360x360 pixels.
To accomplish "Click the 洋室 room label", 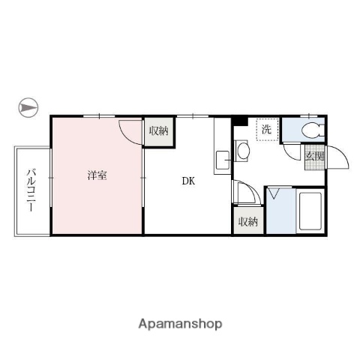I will pos(96,175).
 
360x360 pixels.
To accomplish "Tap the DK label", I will pos(187,180).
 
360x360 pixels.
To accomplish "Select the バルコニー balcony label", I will pos(31,190).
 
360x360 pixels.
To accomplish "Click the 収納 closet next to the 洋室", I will pos(158,131).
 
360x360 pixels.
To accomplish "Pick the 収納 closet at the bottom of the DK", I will pos(248,222).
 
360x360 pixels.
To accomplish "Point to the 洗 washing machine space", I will pos(266,129).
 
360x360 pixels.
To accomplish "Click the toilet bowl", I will pos(310,130).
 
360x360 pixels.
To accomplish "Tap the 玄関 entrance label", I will pos(314,157).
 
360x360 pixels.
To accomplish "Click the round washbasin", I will pos(244,150).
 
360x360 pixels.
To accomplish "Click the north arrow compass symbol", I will pos(28,108).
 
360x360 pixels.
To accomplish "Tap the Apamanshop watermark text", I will pos(180,324).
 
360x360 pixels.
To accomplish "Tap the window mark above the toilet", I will pos(310,115).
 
